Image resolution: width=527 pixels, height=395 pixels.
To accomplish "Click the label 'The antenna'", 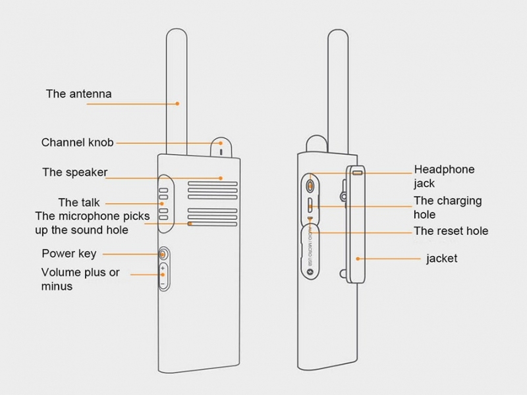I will pos(78,93).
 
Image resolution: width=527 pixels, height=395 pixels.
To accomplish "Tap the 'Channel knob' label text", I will pos(77,142).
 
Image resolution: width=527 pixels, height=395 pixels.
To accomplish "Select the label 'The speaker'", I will pos(74,172).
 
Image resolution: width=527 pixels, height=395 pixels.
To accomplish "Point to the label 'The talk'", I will pos(79,203).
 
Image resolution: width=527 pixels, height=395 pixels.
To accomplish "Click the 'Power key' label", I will pos(69,253).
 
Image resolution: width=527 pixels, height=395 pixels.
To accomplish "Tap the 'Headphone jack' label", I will pos(443,176).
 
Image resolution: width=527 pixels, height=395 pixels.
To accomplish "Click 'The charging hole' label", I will pos(447,207).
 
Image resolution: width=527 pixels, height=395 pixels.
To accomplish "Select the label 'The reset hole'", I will pos(451,231).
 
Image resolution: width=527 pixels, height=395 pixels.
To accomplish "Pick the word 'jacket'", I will pos(441,258).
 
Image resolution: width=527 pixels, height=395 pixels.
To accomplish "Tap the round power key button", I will pos(162,253).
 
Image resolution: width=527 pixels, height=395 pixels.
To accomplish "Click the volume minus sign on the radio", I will pos(162,283).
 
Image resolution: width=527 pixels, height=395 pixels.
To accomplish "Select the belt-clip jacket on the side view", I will pos(355,224).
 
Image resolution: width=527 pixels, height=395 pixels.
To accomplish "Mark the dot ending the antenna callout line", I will pos(179,103).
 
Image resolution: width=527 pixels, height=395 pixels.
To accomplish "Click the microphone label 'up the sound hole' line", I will pos(82,230).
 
